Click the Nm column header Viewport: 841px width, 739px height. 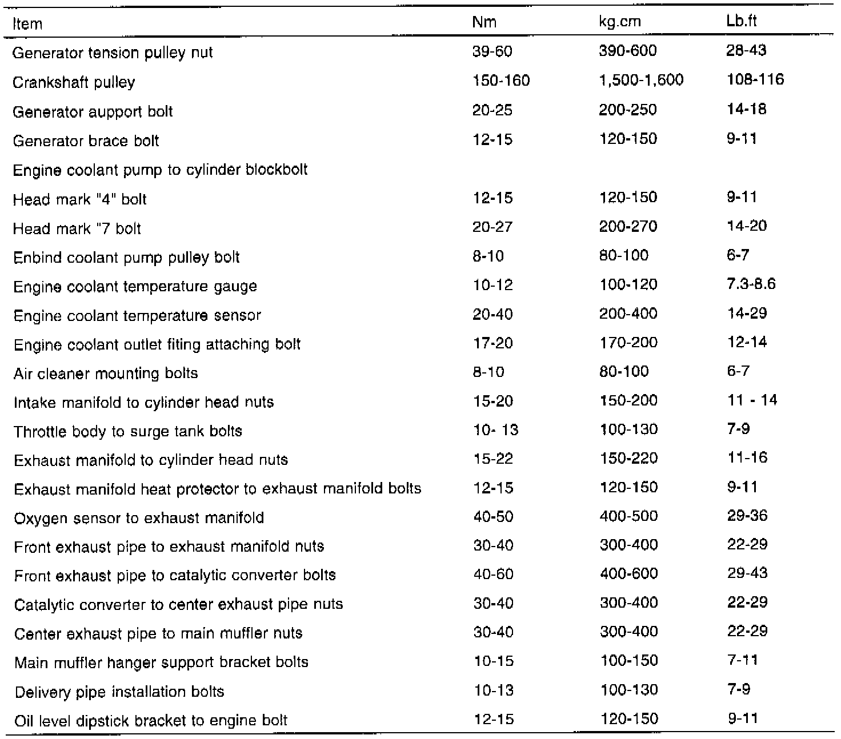[484, 22]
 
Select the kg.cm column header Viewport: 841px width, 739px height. [619, 22]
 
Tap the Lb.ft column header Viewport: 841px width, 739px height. [742, 22]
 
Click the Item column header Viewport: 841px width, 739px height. [27, 24]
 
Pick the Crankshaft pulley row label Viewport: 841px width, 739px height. [74, 82]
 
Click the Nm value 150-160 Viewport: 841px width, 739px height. [501, 81]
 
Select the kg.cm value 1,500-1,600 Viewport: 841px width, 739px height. [640, 81]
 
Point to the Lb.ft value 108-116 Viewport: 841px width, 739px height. [755, 79]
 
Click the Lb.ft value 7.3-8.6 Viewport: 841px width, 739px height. [751, 284]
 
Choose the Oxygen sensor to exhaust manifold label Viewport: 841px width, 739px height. [139, 518]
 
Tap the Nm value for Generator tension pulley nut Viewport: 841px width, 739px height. [492, 51]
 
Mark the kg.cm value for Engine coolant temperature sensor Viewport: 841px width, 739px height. [628, 314]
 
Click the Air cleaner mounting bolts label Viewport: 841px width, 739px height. [106, 373]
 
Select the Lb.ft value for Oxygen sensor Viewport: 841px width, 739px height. [747, 516]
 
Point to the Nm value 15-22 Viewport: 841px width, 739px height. [493, 459]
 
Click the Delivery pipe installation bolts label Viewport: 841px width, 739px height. [119, 692]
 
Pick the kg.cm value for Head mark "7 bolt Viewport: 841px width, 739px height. [628, 226]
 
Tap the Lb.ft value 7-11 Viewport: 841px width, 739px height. [743, 661]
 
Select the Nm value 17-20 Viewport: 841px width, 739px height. [493, 343]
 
